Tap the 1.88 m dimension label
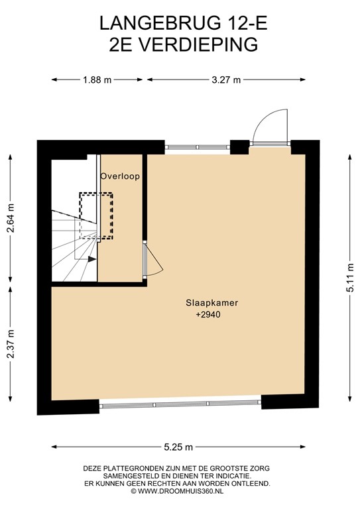click(97, 80)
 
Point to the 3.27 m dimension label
click(226, 80)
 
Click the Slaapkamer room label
click(211, 303)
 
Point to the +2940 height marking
click(208, 315)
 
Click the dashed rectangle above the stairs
click(96, 215)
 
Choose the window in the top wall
click(197, 146)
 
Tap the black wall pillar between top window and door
click(239, 146)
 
